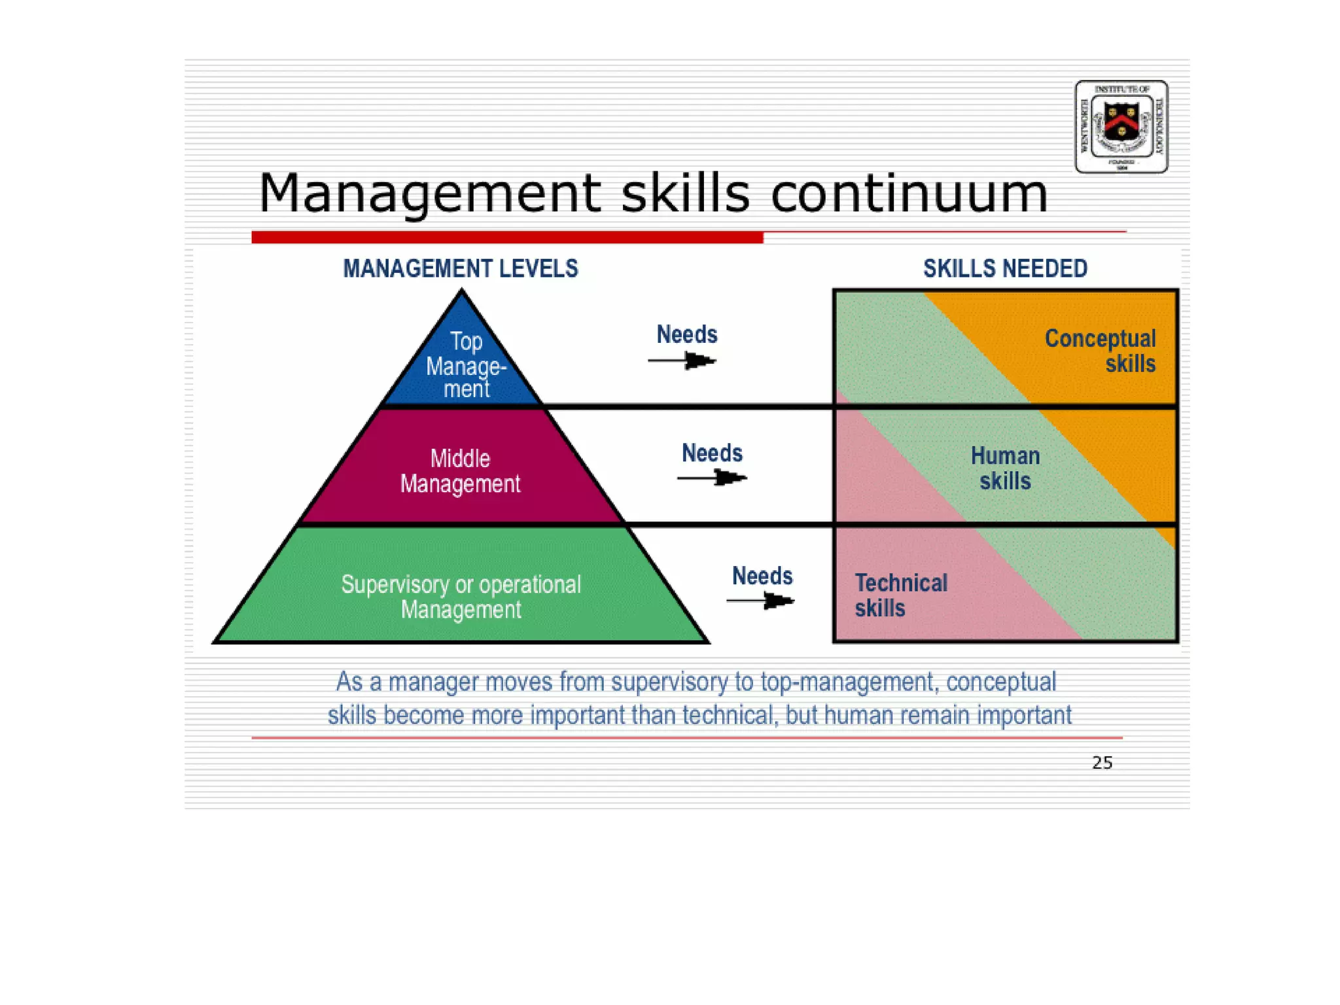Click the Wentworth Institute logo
1121,126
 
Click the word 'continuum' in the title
909,194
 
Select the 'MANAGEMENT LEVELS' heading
461,268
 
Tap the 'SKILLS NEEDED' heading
1005,268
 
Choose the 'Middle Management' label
461,471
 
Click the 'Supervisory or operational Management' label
461,597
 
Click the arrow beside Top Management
682,361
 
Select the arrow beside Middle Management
712,478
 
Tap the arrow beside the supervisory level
760,600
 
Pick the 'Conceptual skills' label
1100,351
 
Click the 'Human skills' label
1005,468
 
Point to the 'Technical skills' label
900,595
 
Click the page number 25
1102,762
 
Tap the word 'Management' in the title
430,194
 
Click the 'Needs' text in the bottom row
762,576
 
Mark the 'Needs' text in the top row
687,334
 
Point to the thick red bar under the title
507,238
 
